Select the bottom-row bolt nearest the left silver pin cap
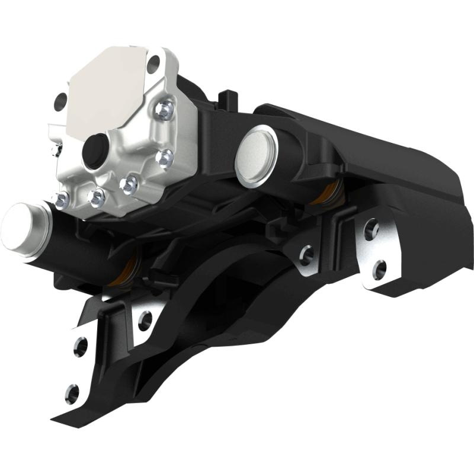[x=60, y=200]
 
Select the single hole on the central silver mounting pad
[x=306, y=255]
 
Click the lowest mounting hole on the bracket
[x=72, y=391]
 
